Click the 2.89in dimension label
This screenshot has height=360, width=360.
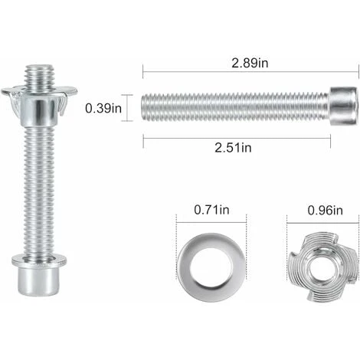(x=250, y=63)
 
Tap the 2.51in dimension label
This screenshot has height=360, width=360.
(x=233, y=148)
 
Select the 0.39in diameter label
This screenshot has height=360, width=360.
(x=103, y=108)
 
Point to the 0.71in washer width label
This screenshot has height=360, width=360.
(x=211, y=210)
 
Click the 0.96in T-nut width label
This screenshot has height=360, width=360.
(x=325, y=211)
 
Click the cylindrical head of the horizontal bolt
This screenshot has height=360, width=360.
(x=343, y=106)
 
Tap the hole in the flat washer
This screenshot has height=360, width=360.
(x=211, y=267)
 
